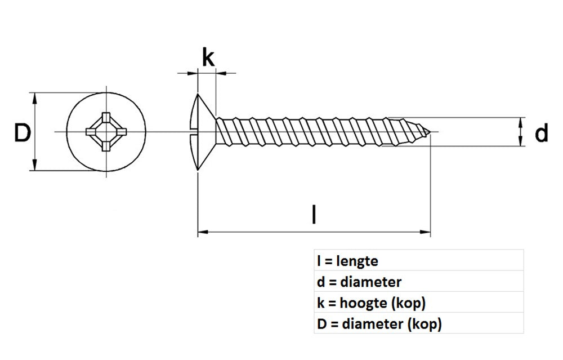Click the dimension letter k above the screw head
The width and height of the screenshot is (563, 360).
pos(208,58)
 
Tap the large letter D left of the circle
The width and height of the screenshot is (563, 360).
pos(22,134)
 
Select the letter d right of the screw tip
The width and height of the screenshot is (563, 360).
pos(541,134)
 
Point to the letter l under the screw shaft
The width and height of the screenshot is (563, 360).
pos(314,215)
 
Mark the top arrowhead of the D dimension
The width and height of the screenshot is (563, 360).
pos(35,97)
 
